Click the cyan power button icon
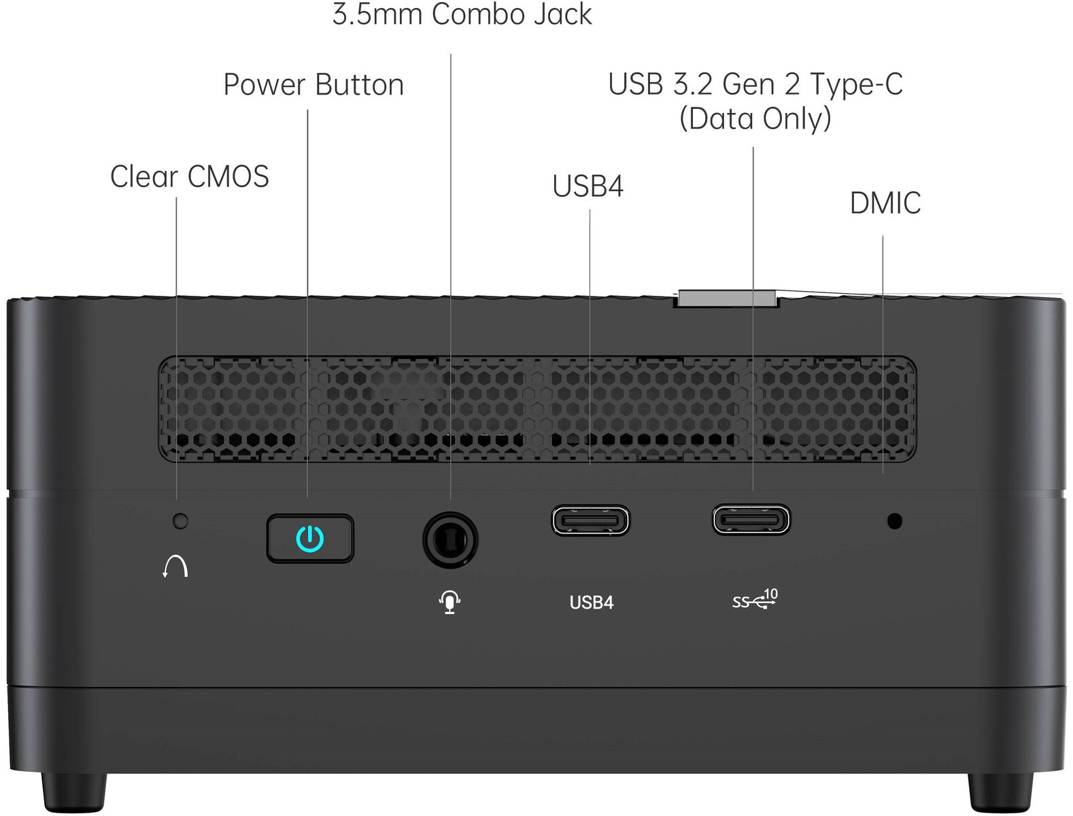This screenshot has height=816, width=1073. [x=310, y=539]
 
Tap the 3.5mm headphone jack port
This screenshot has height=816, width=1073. [x=450, y=540]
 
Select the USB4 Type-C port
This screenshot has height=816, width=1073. [x=590, y=520]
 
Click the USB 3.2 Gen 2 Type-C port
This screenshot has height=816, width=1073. [x=751, y=520]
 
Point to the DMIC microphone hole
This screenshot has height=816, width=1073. [x=895, y=521]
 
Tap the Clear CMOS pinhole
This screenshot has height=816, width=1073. [x=180, y=521]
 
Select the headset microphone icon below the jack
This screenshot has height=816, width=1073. [x=449, y=602]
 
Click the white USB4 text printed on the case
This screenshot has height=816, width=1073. [x=591, y=602]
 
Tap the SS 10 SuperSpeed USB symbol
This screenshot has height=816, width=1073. [x=755, y=599]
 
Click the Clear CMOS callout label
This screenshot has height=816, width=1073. [x=190, y=176]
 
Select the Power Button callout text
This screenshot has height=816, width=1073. [x=314, y=84]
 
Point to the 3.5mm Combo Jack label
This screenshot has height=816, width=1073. [x=462, y=14]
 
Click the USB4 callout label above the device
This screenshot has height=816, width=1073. [x=588, y=186]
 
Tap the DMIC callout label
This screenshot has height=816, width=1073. [x=885, y=203]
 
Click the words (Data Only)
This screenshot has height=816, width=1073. [x=755, y=119]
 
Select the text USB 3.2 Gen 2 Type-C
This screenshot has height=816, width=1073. [x=755, y=84]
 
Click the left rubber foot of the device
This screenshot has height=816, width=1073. [x=74, y=793]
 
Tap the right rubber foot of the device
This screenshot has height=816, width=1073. [x=1000, y=792]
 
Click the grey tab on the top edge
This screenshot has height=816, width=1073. [x=726, y=299]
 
